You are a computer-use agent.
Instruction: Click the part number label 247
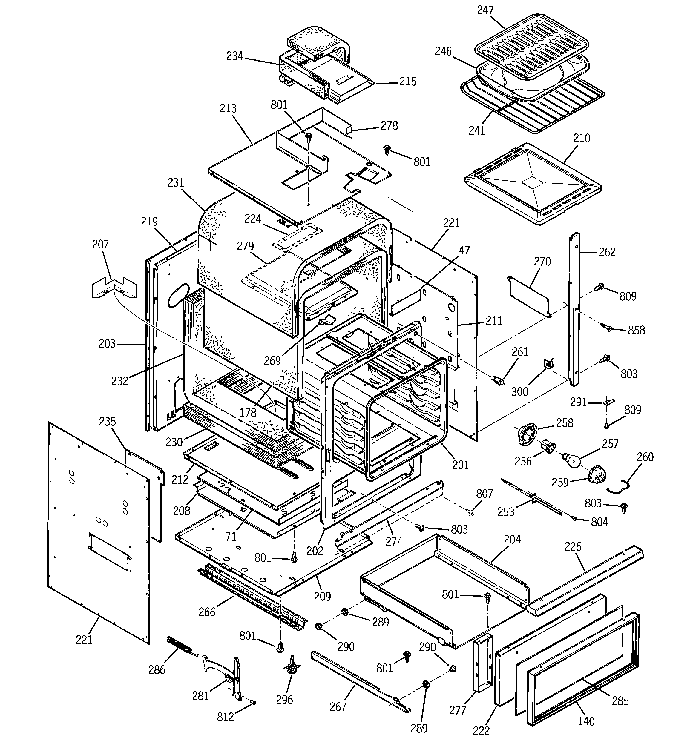click(485, 10)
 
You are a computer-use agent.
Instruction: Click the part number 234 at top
click(235, 56)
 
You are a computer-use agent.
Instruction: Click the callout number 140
click(586, 721)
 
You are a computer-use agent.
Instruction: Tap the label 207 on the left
click(100, 244)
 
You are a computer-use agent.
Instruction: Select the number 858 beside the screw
click(637, 330)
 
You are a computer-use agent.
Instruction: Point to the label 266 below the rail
click(207, 612)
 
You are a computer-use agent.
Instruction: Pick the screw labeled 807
click(471, 513)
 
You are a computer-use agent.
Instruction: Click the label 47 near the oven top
click(464, 250)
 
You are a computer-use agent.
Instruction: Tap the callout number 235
click(108, 422)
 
